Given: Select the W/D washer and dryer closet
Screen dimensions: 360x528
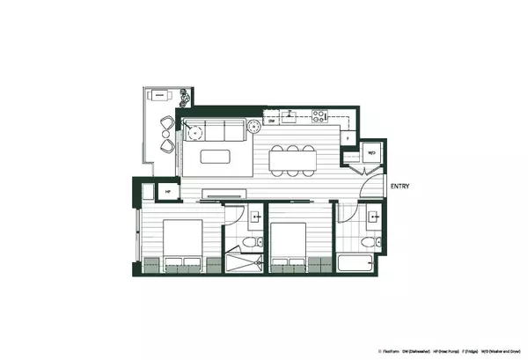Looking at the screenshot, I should click(x=371, y=151).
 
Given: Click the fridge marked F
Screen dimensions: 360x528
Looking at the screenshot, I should click(x=349, y=139).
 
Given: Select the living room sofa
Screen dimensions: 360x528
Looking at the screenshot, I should click(x=218, y=132).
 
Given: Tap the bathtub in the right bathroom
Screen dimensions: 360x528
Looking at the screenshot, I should click(x=358, y=264).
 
